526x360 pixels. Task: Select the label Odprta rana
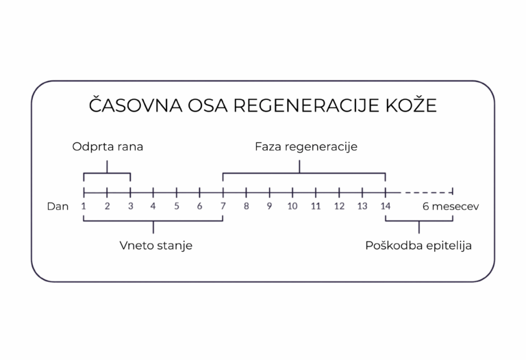click(108, 147)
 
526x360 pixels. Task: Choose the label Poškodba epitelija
click(418, 246)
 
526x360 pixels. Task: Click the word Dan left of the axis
click(58, 206)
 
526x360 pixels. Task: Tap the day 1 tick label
click(84, 206)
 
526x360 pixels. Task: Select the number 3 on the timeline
click(130, 206)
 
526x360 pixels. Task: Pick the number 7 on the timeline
click(223, 206)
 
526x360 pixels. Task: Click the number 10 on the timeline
click(292, 206)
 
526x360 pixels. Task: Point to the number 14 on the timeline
click(386, 206)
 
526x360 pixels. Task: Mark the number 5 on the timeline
click(177, 206)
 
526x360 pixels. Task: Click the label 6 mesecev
click(449, 206)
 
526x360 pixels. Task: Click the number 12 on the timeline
click(339, 206)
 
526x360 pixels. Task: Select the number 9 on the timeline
click(269, 206)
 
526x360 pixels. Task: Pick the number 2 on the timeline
click(107, 206)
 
